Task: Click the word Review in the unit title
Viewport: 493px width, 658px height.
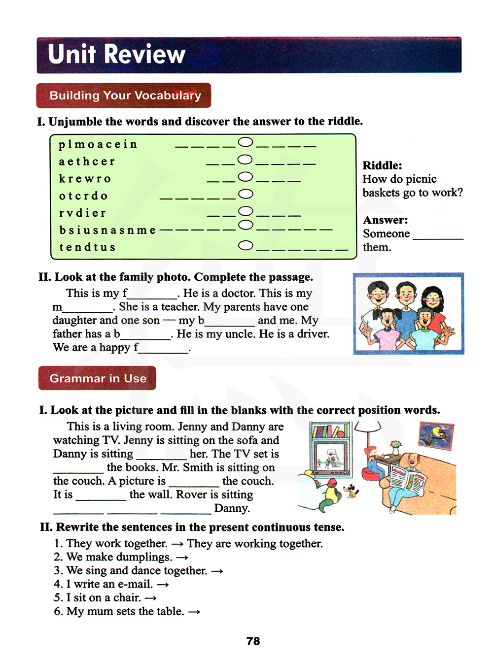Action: pyautogui.click(x=144, y=54)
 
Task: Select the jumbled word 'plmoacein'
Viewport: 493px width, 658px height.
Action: pyautogui.click(x=98, y=144)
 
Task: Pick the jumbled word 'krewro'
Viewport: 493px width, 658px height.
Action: pyautogui.click(x=85, y=179)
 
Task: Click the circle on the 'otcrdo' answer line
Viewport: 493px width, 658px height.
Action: pyautogui.click(x=246, y=194)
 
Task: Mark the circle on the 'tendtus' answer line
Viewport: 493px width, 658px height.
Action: pyautogui.click(x=246, y=245)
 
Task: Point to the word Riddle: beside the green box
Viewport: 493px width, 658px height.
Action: pyautogui.click(x=382, y=165)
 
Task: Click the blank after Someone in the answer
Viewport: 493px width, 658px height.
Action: pyautogui.click(x=438, y=235)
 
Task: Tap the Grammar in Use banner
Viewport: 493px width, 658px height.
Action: pyautogui.click(x=98, y=378)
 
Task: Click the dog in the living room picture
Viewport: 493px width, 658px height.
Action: pyautogui.click(x=351, y=490)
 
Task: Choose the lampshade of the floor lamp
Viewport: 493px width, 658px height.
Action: pyautogui.click(x=367, y=427)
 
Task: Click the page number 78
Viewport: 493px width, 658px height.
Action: pyautogui.click(x=253, y=641)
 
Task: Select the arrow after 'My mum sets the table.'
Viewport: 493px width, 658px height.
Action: pyautogui.click(x=194, y=612)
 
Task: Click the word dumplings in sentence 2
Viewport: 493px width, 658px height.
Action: pyautogui.click(x=145, y=557)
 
